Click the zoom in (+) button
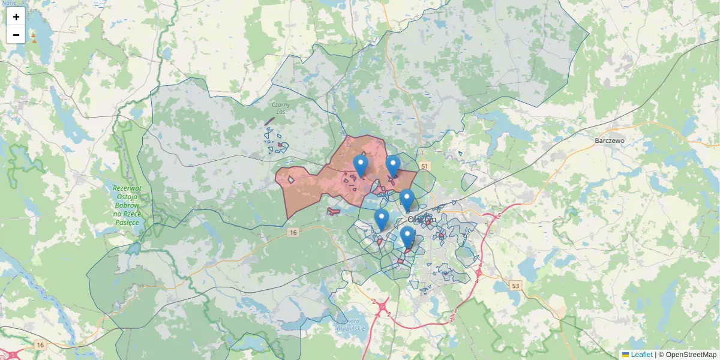(x=16, y=17)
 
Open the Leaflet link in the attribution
(x=641, y=355)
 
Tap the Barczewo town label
(x=610, y=140)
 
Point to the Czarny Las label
(x=280, y=107)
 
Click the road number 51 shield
(x=425, y=166)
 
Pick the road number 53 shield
(x=515, y=286)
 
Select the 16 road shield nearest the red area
(x=293, y=232)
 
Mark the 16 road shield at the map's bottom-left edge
(x=40, y=344)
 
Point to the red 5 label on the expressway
(x=499, y=215)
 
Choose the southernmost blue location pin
(x=407, y=237)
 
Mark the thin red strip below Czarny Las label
(x=269, y=122)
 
